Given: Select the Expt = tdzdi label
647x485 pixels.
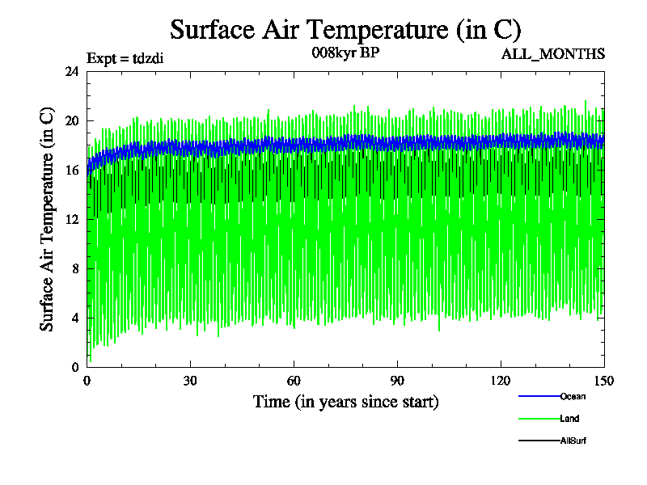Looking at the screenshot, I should click(125, 57).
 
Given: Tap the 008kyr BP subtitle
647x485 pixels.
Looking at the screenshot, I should click(345, 54).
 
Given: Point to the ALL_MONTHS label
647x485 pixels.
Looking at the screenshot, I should click(553, 54).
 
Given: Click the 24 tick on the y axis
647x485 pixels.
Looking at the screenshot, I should click(72, 71).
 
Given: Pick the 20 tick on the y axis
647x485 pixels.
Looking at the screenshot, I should click(72, 120).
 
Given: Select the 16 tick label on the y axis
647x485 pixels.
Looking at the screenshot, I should click(72, 170).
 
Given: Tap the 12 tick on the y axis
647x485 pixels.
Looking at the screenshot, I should click(72, 219).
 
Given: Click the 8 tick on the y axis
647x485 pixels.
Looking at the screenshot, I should click(75, 268).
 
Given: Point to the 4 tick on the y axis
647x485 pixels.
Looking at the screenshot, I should click(75, 318).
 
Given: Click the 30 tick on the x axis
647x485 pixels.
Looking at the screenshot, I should click(191, 381).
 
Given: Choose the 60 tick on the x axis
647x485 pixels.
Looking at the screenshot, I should click(294, 381).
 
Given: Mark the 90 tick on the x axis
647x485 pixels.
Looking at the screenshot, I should click(397, 381).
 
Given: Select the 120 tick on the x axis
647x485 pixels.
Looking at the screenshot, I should click(501, 381).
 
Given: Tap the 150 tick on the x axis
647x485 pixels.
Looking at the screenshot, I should click(604, 381).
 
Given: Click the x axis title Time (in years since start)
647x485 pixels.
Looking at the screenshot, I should click(345, 401).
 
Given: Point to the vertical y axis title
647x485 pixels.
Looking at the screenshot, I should click(48, 219).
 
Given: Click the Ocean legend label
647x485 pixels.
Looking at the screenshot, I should click(573, 396).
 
